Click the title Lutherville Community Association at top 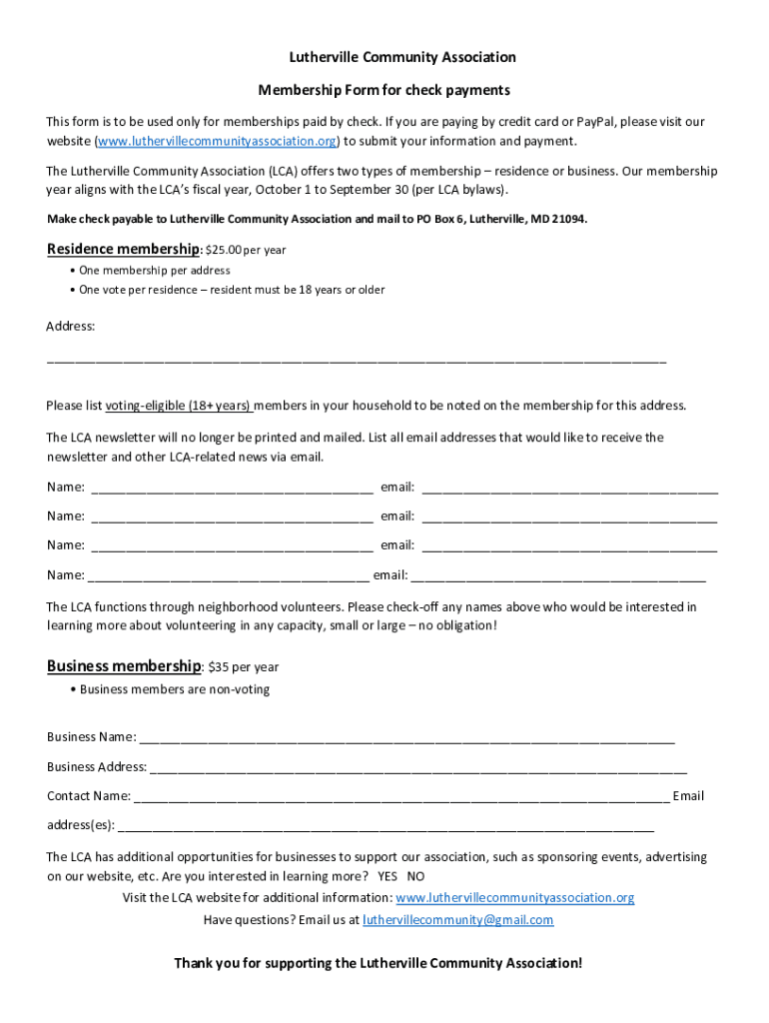point(384,58)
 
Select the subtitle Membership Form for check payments point(384,90)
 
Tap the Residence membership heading point(123,249)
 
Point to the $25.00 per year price point(246,250)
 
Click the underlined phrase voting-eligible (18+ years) point(179,406)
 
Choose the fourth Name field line point(229,576)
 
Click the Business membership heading point(124,666)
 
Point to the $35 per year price point(244,667)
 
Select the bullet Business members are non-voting point(175,689)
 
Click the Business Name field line point(407,739)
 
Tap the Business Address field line point(418,769)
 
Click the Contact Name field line point(401,798)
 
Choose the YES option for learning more point(387,876)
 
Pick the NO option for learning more point(415,876)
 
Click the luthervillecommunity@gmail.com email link point(457,920)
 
